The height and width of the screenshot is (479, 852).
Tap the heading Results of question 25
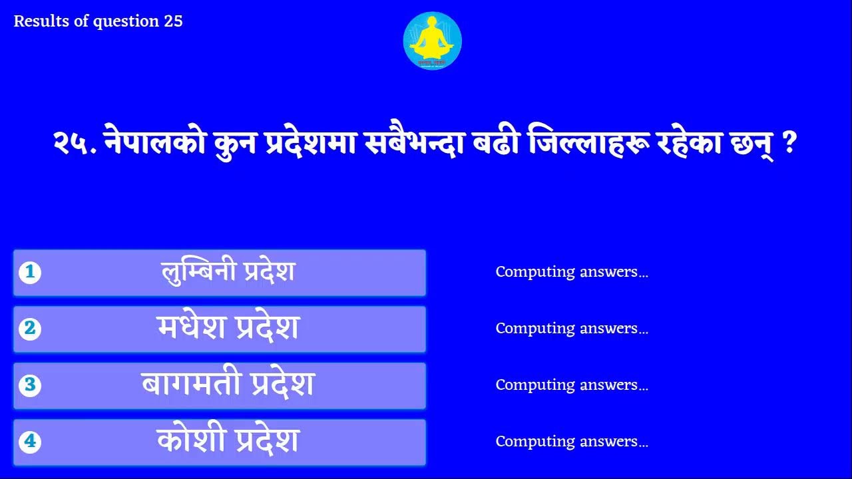(x=98, y=21)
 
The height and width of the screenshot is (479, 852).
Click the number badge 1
(x=30, y=272)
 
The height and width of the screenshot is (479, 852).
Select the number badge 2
(x=30, y=329)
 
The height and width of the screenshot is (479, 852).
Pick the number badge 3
(x=30, y=385)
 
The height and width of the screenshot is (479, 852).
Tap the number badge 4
(x=30, y=442)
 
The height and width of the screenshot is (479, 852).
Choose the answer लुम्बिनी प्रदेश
(x=228, y=272)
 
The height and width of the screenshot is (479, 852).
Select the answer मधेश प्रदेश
(x=228, y=329)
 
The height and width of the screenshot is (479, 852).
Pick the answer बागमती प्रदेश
(x=228, y=385)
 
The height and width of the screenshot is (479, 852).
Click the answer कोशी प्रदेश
(x=228, y=442)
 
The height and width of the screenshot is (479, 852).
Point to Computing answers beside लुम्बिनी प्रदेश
(x=572, y=272)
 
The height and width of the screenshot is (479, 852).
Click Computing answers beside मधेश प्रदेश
(x=572, y=329)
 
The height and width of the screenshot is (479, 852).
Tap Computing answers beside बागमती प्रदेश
(x=572, y=385)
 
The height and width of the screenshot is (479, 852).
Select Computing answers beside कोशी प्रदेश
(x=572, y=442)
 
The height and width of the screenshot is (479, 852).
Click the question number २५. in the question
(x=75, y=144)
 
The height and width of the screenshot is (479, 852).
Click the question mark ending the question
(x=791, y=144)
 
